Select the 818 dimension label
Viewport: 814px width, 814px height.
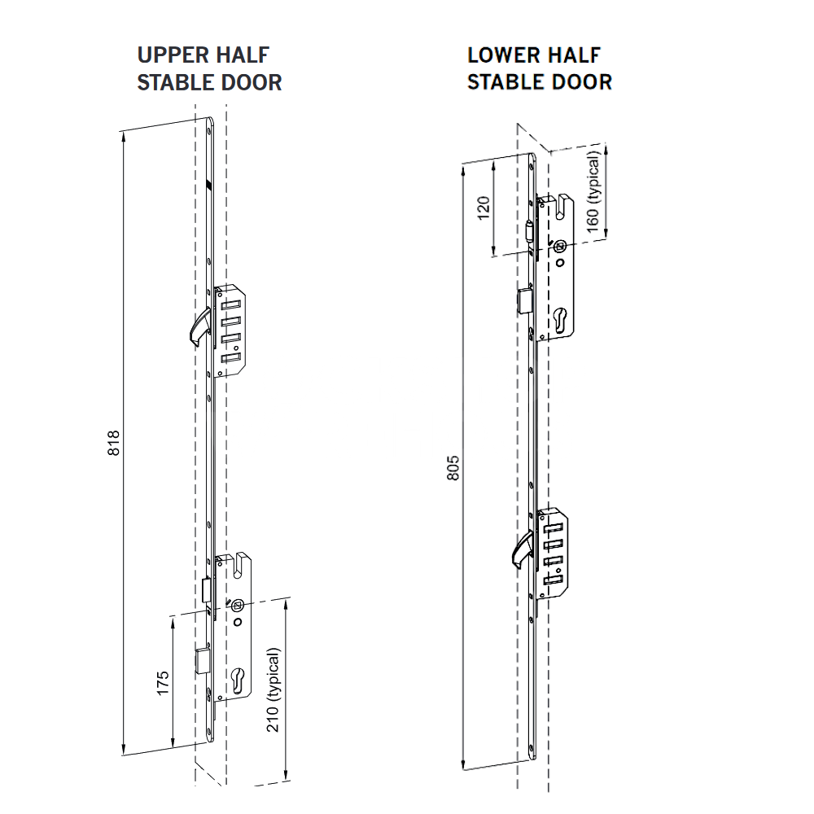115,444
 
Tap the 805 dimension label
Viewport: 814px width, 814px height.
454,467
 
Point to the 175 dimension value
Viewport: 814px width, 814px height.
163,682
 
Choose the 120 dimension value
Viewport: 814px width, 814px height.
484,208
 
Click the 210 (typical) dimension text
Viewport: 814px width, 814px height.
274,690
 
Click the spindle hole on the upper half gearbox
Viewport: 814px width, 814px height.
237,605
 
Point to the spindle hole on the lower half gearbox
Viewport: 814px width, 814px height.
561,246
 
